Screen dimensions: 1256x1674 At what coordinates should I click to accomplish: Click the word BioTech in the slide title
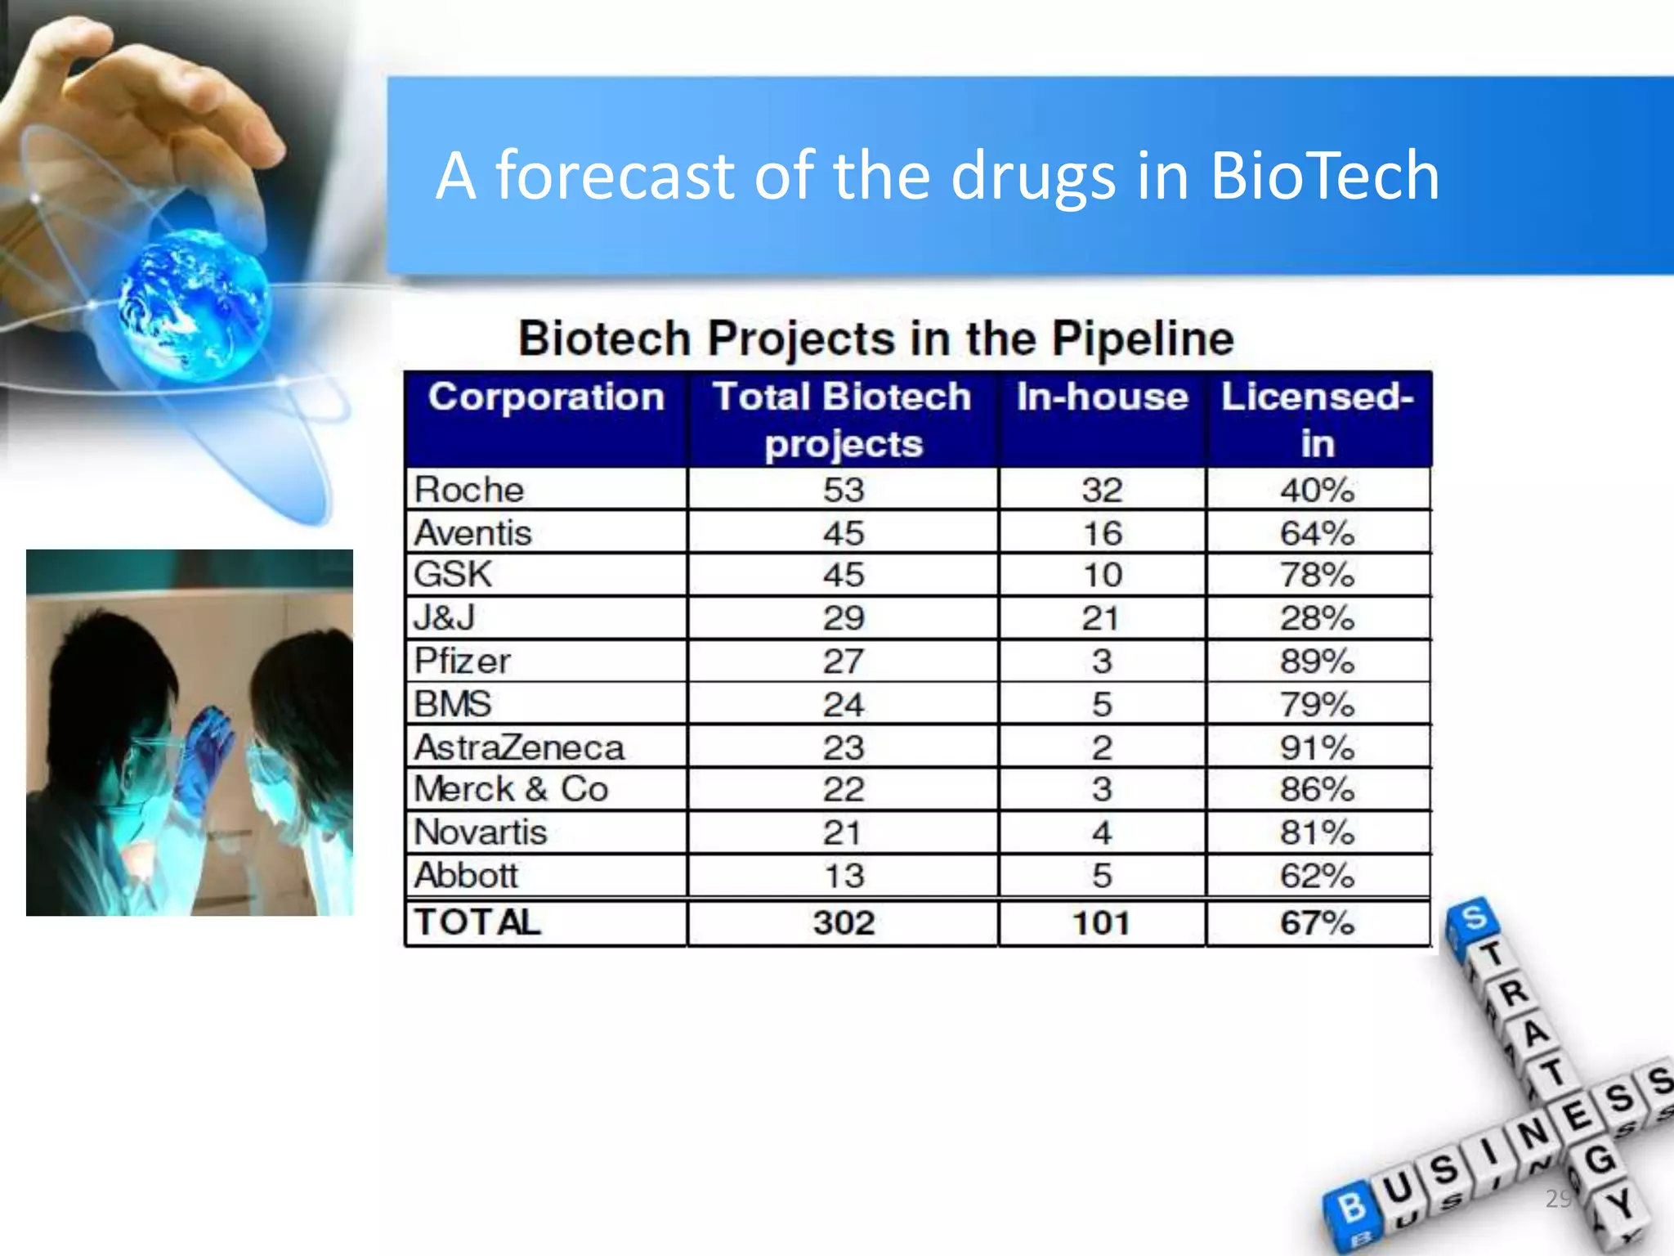pos(1324,176)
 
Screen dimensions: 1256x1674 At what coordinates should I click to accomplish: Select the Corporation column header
pos(546,398)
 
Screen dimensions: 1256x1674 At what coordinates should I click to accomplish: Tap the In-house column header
pos(1102,398)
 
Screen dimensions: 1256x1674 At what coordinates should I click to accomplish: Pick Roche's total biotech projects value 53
pos(844,491)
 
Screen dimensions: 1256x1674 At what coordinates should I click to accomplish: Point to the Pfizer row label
pos(463,661)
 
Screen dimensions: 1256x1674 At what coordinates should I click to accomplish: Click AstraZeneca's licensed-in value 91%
pos(1317,747)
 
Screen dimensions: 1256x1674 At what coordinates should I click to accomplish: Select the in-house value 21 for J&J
pos(1101,618)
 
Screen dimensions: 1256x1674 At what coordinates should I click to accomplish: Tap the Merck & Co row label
pos(512,789)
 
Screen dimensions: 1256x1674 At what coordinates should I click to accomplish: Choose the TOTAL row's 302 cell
pos(844,923)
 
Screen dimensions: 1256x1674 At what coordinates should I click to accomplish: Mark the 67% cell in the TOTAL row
pos(1317,923)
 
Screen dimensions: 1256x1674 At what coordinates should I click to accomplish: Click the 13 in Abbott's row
pos(844,877)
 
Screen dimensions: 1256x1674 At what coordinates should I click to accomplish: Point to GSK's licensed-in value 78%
pos(1317,575)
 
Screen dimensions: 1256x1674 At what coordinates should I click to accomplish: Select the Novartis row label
pos(481,832)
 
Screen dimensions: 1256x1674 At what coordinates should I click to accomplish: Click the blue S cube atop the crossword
pos(1473,921)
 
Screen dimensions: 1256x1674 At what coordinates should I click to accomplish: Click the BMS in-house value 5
pos(1102,705)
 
